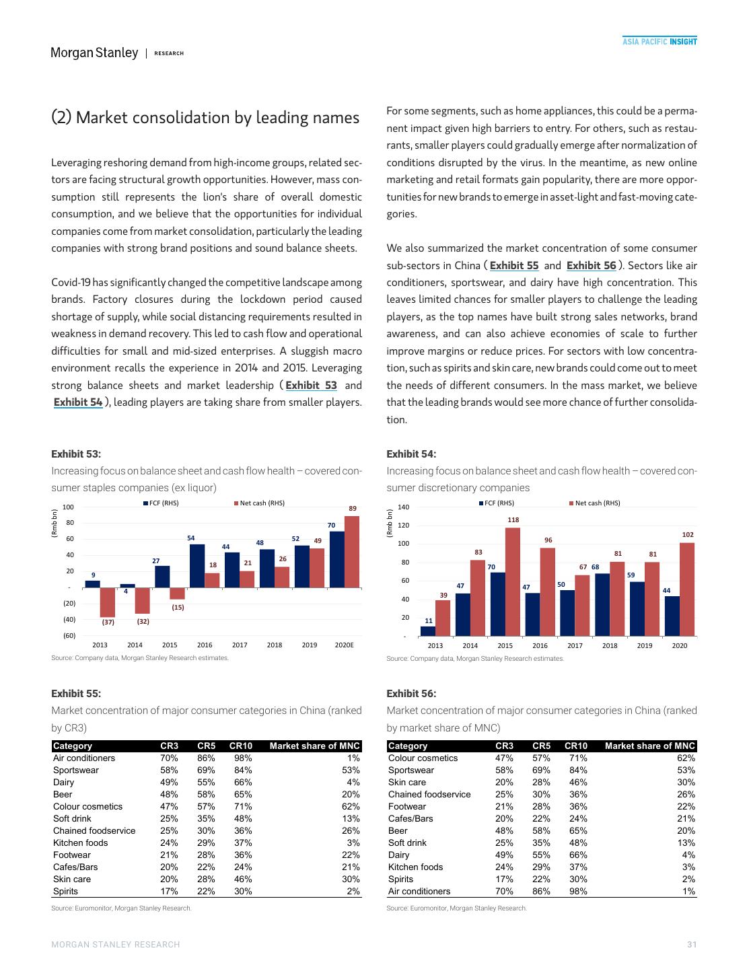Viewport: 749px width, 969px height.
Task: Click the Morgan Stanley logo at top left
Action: click(94, 52)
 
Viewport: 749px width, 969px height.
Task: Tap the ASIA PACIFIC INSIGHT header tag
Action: click(659, 42)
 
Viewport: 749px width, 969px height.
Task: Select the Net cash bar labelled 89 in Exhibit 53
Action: click(351, 552)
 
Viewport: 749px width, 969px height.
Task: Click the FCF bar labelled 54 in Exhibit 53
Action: click(197, 565)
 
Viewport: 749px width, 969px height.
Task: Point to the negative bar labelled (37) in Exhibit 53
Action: click(108, 602)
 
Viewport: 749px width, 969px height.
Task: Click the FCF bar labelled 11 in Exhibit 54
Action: click(427, 631)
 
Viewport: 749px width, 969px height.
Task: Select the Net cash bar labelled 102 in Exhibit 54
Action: click(687, 589)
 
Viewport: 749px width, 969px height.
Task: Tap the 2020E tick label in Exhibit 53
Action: click(344, 645)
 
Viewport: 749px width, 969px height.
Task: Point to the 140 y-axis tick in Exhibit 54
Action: click(404, 507)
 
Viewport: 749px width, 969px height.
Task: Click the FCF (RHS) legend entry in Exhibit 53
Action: click(161, 503)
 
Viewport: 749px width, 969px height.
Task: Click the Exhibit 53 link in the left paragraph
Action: click(311, 386)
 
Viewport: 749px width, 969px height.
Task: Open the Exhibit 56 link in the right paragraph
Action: click(591, 266)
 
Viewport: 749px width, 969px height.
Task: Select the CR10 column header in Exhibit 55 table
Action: click(240, 746)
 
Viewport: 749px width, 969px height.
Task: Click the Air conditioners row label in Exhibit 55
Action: click(84, 758)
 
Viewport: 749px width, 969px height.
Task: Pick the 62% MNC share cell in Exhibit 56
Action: click(686, 758)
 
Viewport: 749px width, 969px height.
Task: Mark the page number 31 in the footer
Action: click(692, 945)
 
